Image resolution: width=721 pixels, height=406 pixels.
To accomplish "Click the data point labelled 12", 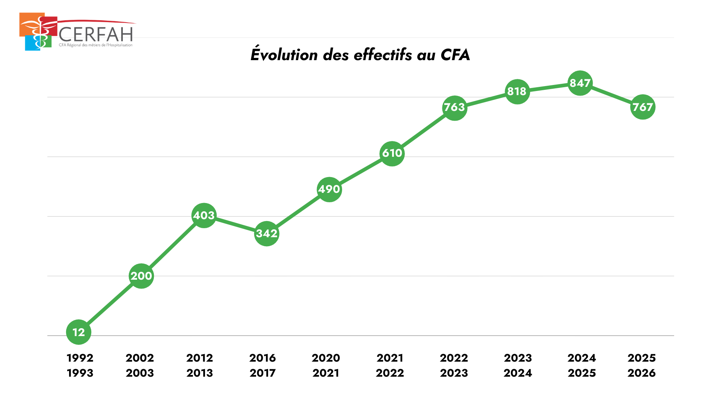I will (x=78, y=332).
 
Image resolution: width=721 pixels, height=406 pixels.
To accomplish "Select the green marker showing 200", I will (x=141, y=276).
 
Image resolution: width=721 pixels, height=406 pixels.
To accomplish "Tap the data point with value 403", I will (x=204, y=215).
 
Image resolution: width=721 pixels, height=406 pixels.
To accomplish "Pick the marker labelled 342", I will (x=267, y=233).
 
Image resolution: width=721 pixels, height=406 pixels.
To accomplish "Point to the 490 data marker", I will (x=329, y=189).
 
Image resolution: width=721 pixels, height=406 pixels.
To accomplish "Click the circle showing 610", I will (x=392, y=153).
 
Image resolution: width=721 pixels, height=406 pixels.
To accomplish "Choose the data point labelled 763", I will (x=455, y=108).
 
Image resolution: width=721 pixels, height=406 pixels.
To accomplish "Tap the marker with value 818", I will (x=517, y=91).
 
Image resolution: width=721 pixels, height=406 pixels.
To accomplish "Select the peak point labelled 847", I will (x=580, y=83).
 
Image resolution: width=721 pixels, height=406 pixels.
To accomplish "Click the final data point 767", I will (x=643, y=107).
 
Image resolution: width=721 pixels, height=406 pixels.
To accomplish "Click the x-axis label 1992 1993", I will (x=80, y=365).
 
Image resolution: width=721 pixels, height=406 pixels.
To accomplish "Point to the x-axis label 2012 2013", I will (x=200, y=365).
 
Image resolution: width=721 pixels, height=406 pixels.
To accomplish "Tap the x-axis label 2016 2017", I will (x=262, y=365).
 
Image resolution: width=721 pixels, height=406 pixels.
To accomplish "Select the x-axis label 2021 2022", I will (x=390, y=365).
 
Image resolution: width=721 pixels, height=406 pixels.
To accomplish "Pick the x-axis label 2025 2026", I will (x=642, y=365).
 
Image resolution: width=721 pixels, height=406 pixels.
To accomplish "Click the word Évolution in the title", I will (x=284, y=55).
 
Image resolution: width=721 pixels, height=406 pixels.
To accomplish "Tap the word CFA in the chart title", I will (x=455, y=55).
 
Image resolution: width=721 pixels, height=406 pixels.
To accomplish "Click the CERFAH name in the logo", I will (x=96, y=34).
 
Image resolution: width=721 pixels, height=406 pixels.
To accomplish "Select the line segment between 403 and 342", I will (x=235, y=224).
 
